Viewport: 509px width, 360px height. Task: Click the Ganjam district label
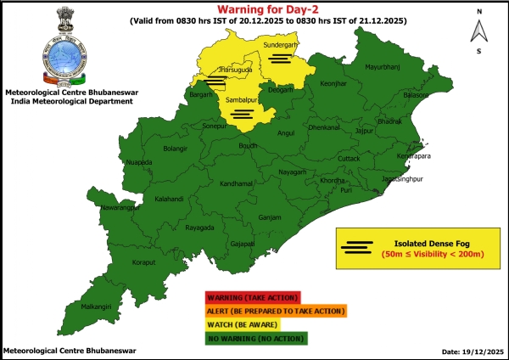pyautogui.click(x=270, y=217)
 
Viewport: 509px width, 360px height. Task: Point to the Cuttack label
pyautogui.click(x=349, y=159)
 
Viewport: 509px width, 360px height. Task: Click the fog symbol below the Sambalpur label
pyautogui.click(x=242, y=113)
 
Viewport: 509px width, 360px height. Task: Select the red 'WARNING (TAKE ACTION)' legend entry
pyautogui.click(x=252, y=297)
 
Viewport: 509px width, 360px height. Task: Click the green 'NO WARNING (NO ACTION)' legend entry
pyautogui.click(x=255, y=337)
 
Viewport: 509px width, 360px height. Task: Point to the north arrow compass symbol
pyautogui.click(x=479, y=31)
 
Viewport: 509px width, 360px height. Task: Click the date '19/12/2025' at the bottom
pyautogui.click(x=473, y=351)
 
